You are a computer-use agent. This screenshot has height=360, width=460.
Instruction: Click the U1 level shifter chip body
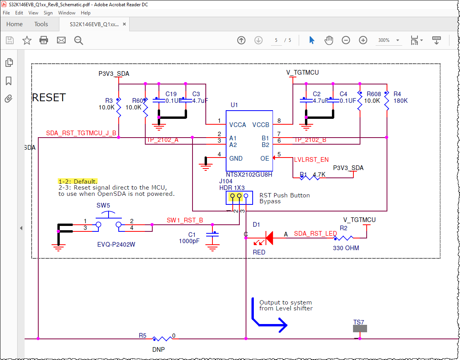click(249, 141)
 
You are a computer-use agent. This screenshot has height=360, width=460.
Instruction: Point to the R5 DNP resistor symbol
click(162, 339)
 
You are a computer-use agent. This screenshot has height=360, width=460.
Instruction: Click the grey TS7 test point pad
click(360, 329)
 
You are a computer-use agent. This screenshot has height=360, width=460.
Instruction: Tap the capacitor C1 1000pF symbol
click(212, 235)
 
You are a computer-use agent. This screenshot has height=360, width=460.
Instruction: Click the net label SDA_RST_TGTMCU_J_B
click(81, 133)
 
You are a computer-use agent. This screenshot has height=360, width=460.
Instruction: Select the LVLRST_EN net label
click(311, 159)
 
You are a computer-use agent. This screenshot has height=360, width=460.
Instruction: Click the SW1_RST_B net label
click(185, 220)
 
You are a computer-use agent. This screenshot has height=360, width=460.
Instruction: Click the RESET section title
click(49, 97)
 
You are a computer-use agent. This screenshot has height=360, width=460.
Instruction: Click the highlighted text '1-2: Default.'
click(78, 181)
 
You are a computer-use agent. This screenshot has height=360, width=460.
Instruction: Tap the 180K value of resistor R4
click(400, 100)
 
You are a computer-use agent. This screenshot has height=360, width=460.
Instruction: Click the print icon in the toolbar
click(44, 40)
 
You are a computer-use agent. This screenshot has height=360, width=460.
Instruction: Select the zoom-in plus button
click(363, 40)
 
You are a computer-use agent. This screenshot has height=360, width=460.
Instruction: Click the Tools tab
click(41, 24)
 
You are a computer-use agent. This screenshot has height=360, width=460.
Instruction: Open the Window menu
click(67, 13)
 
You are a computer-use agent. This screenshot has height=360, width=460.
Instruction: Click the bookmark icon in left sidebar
click(9, 81)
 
